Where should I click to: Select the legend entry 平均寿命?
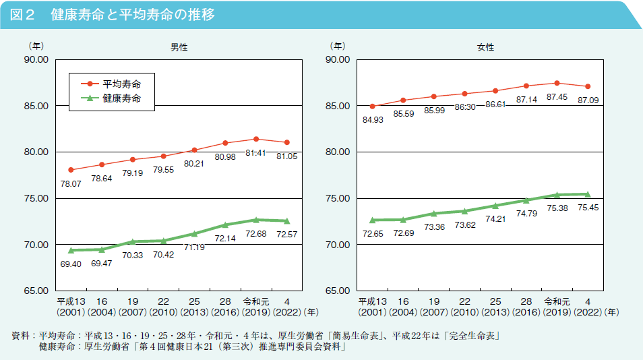(121, 84)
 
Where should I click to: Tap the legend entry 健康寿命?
(121, 98)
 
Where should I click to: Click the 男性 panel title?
(179, 48)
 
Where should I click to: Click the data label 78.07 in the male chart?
(71, 183)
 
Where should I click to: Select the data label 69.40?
(71, 264)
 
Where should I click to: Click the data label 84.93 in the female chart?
(373, 120)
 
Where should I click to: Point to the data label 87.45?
(557, 97)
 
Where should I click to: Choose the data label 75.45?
(588, 208)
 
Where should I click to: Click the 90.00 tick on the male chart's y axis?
(35, 59)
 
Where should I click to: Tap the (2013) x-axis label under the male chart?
(194, 313)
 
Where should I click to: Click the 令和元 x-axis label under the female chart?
(557, 301)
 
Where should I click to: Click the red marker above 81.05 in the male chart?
(287, 142)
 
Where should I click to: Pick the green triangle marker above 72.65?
(373, 220)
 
